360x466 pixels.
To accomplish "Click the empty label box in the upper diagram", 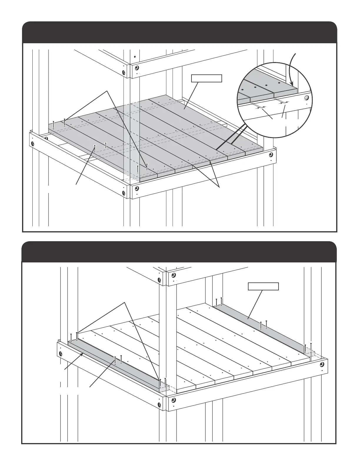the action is pyautogui.click(x=206, y=78).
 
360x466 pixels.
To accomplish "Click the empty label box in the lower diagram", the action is pyautogui.click(x=263, y=286).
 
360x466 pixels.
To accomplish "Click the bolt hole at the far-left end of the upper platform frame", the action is pyautogui.click(x=33, y=144).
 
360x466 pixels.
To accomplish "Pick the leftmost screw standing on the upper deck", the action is pyautogui.click(x=53, y=124).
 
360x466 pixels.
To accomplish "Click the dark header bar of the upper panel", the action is pyautogui.click(x=180, y=32).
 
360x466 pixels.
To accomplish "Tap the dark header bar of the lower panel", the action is pyautogui.click(x=179, y=252).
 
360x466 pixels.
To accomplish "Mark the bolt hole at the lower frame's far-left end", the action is pyautogui.click(x=61, y=353).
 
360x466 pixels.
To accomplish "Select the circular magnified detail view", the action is pyautogui.click(x=275, y=100).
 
